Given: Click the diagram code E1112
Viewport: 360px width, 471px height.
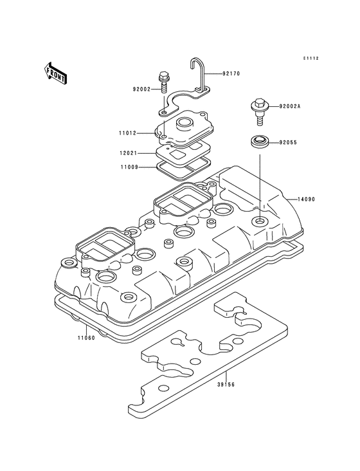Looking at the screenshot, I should [x=311, y=59].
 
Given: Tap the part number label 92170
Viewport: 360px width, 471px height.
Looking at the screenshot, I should [x=231, y=74].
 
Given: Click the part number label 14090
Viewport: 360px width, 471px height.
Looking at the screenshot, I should [x=307, y=199].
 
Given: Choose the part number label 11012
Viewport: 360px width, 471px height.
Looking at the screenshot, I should [x=127, y=134].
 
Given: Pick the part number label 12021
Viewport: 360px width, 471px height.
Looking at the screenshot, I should [x=127, y=153].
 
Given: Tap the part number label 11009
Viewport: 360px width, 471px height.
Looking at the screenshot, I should [x=127, y=166].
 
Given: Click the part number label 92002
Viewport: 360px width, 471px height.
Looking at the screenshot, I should [x=142, y=89].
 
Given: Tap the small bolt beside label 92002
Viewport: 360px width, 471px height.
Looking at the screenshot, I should [x=163, y=80].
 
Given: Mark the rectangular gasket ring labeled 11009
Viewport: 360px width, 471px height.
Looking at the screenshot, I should [x=184, y=167].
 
